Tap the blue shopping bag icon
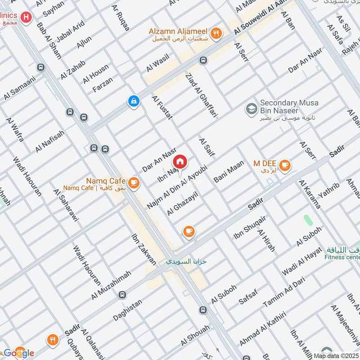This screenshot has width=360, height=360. click(134, 102)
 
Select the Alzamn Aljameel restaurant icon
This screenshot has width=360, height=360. click(217, 32)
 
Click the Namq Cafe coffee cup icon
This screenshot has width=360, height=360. click(133, 182)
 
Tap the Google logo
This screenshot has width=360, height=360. click(19, 352)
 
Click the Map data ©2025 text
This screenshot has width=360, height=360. click(337, 355)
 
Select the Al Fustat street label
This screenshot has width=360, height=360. click(162, 110)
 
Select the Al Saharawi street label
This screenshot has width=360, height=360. click(66, 205)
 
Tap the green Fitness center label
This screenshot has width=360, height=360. click(343, 257)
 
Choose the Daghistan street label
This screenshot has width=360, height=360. click(127, 311)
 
